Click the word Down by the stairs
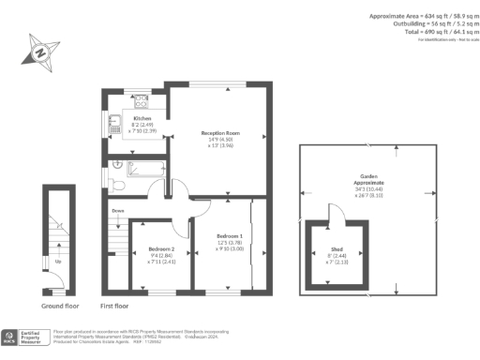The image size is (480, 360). pyautogui.click(x=118, y=212)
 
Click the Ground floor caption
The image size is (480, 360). pyautogui.click(x=60, y=306)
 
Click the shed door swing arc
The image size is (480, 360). pyautogui.click(x=332, y=212)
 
